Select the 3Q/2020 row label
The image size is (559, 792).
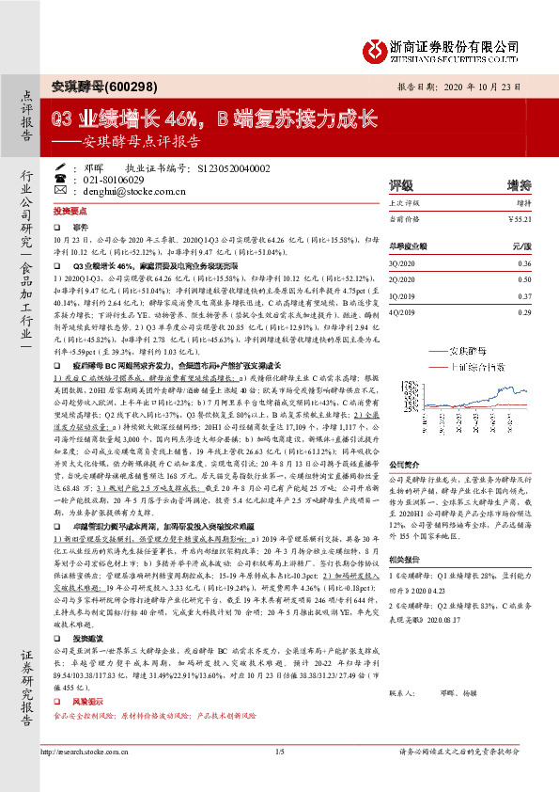404,263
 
